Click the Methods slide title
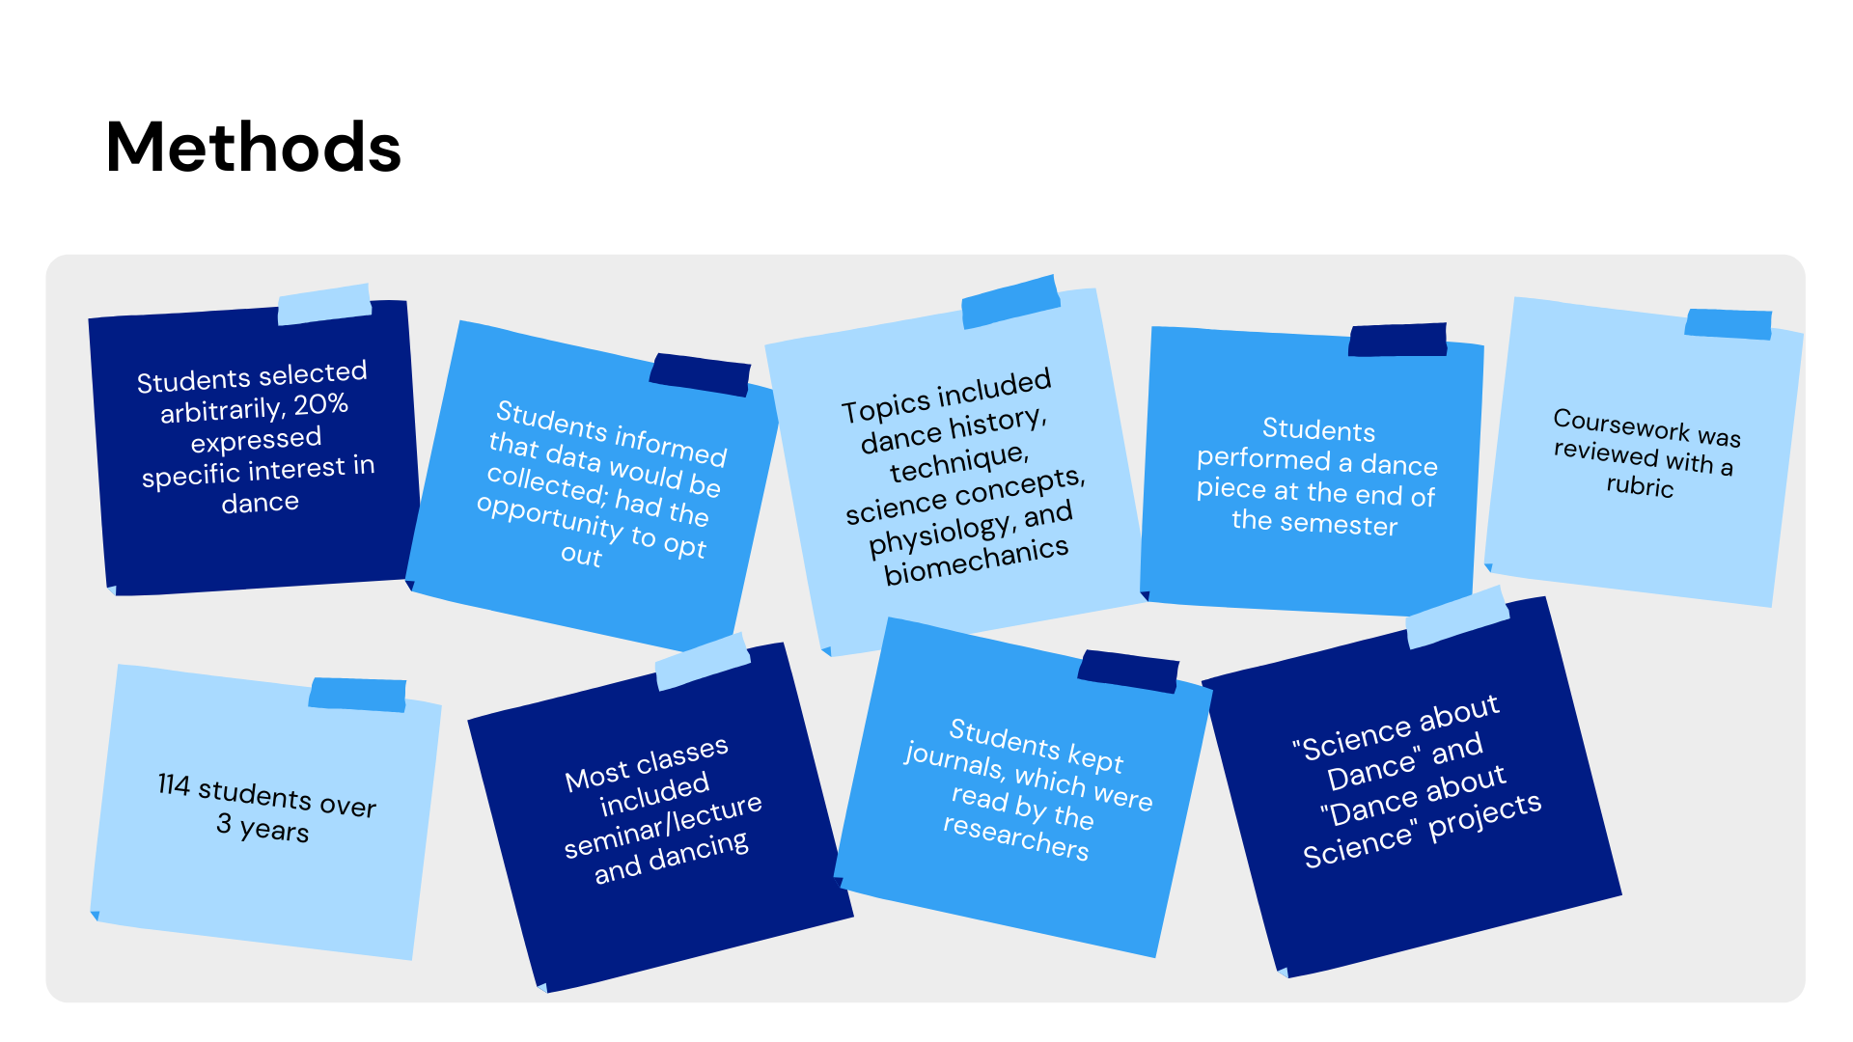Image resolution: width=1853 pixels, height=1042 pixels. click(x=253, y=148)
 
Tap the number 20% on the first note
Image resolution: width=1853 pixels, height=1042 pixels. click(x=320, y=405)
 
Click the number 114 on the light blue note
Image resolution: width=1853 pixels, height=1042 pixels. click(x=174, y=784)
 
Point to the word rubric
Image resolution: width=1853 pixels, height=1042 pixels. click(x=1640, y=485)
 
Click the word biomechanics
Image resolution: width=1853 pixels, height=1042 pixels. click(x=976, y=561)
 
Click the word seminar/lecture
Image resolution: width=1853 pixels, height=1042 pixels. click(x=663, y=826)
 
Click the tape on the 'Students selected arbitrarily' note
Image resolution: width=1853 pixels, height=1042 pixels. click(x=324, y=304)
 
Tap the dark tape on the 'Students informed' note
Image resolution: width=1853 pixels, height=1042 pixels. click(x=700, y=373)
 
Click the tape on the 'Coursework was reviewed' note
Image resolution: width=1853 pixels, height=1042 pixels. click(x=1728, y=323)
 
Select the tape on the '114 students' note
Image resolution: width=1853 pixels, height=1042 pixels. click(x=357, y=694)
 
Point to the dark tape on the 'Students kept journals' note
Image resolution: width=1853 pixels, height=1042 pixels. click(x=1128, y=671)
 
